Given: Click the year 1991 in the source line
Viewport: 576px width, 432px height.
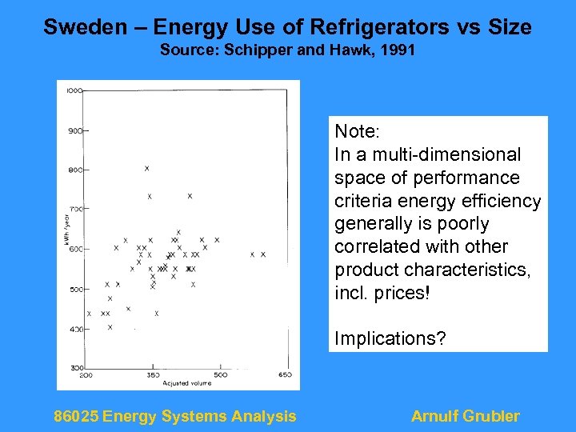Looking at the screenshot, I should [x=396, y=50].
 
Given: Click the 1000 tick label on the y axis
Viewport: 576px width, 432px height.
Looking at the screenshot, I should [x=74, y=90].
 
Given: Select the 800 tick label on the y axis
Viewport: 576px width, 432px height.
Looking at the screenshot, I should [x=74, y=170].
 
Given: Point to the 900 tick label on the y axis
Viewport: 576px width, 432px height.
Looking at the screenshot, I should [x=74, y=130].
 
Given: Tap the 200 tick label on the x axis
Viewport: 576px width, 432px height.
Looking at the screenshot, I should [x=86, y=374].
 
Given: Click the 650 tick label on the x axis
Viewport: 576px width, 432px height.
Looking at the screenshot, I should [x=284, y=374].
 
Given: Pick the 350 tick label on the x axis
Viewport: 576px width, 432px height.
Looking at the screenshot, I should [x=153, y=374].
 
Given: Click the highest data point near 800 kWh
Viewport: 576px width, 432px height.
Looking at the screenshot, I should [x=147, y=168].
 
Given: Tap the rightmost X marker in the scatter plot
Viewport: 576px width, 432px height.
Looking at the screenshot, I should [x=263, y=254].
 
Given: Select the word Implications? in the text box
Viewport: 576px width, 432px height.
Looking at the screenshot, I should [x=390, y=338].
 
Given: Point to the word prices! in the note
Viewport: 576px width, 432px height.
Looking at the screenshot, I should [x=400, y=293].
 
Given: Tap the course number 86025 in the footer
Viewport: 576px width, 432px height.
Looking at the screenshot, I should [x=76, y=416].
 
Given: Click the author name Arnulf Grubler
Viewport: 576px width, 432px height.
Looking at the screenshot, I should [x=465, y=416].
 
